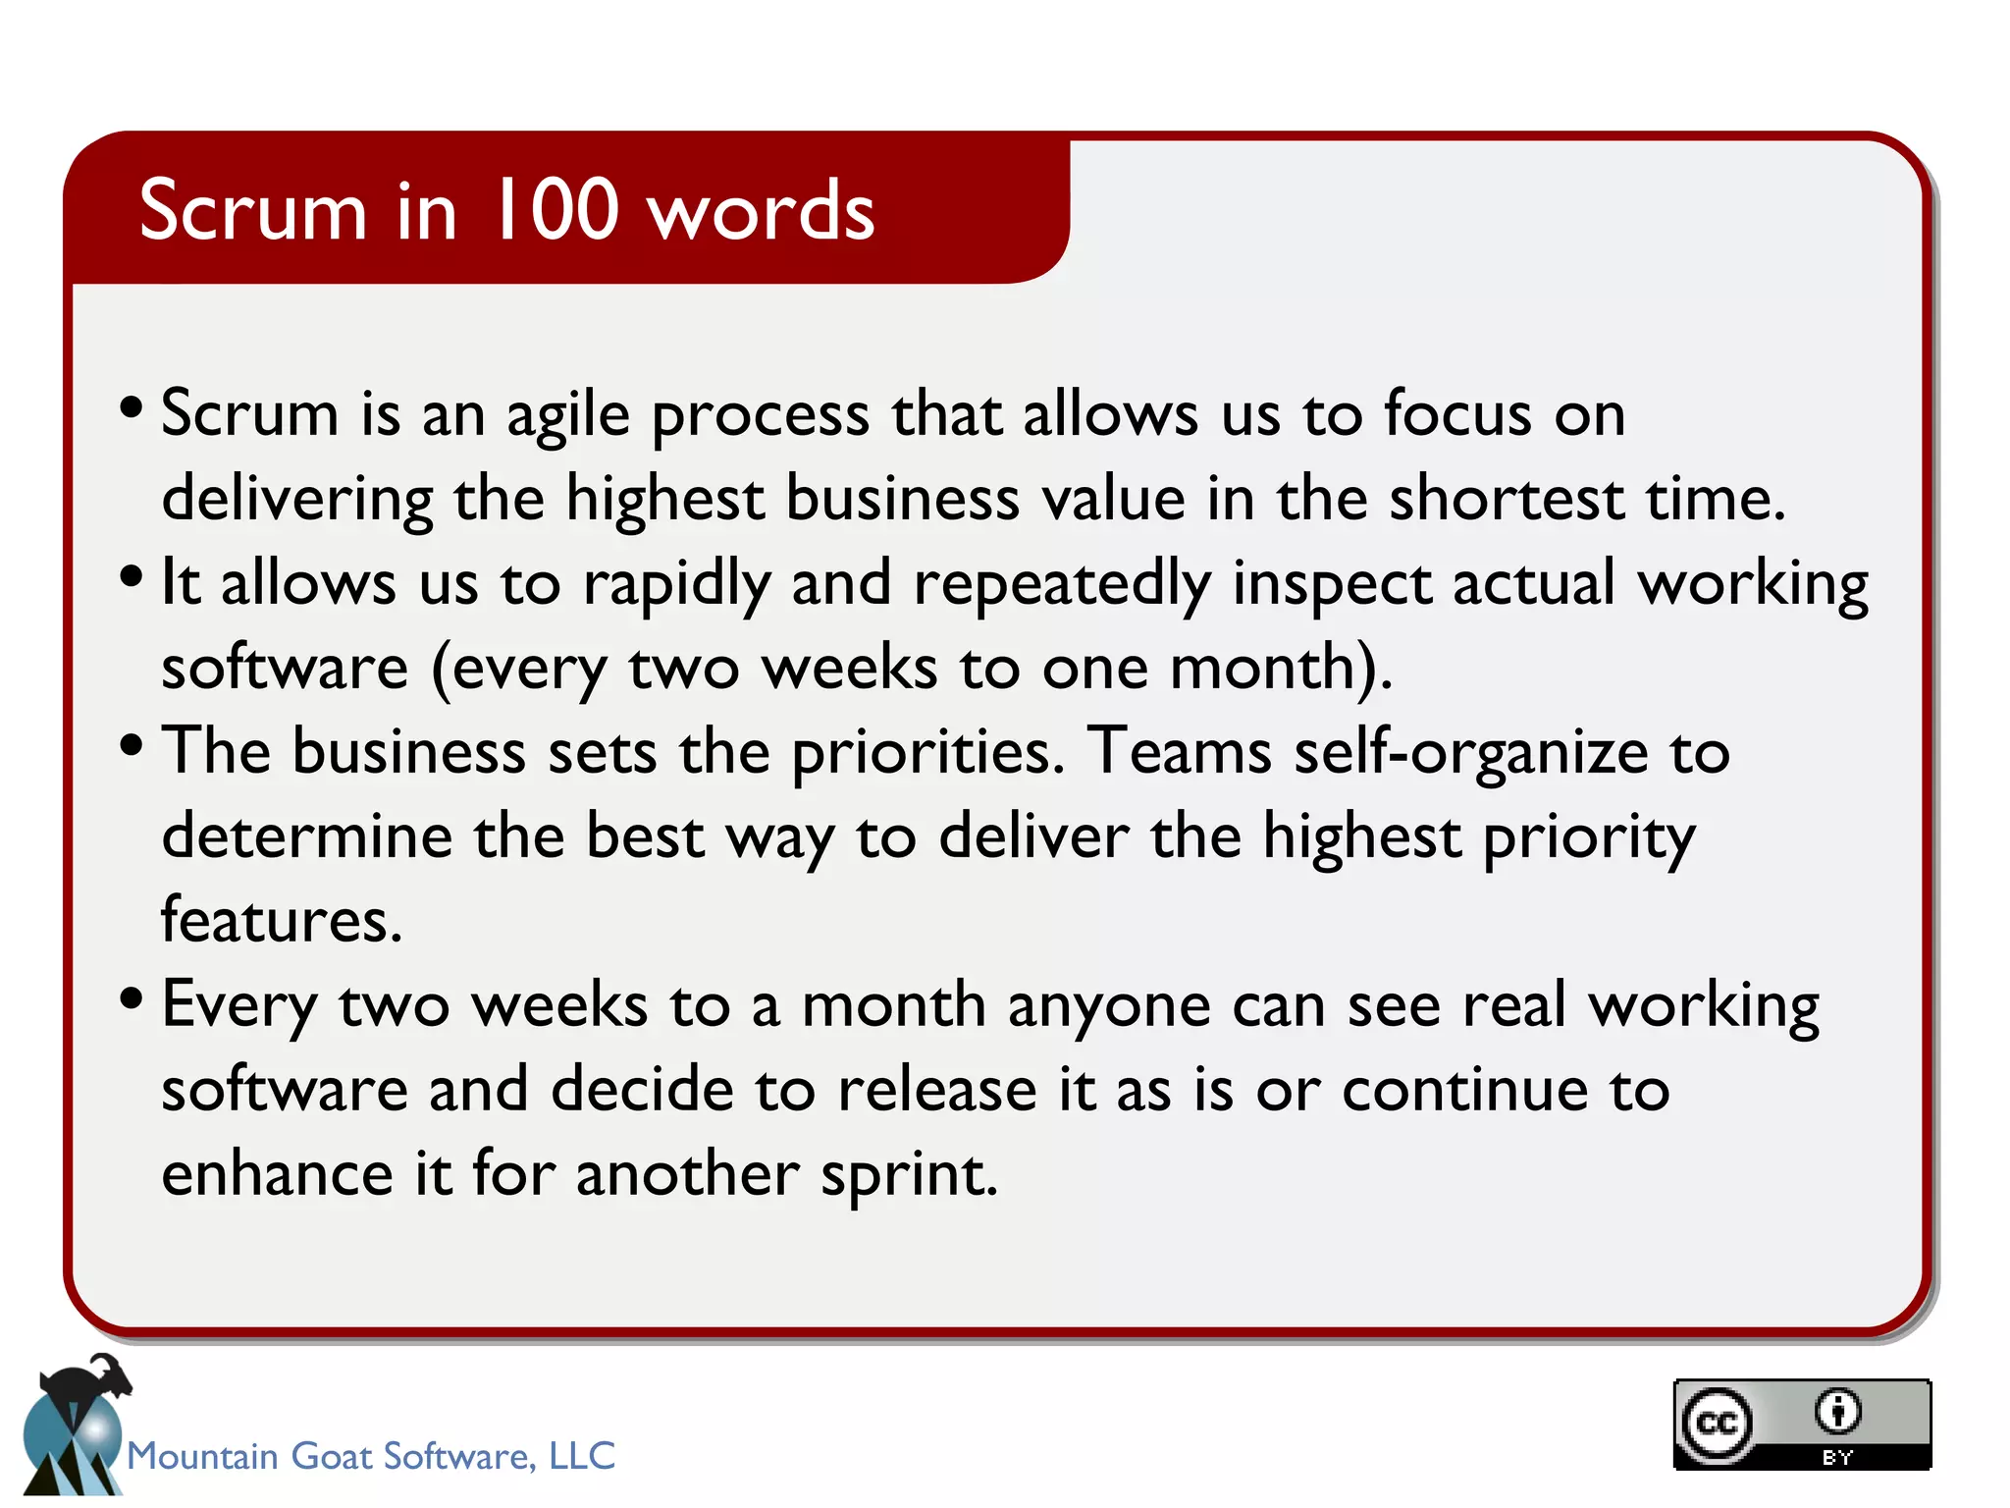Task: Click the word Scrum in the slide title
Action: click(x=252, y=210)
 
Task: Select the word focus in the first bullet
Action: click(x=1457, y=412)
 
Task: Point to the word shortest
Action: click(x=1507, y=499)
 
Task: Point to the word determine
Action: click(x=306, y=837)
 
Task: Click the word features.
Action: click(x=282, y=921)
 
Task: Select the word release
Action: click(x=937, y=1091)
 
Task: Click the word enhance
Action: click(x=278, y=1174)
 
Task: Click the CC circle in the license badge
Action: click(x=1717, y=1423)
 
